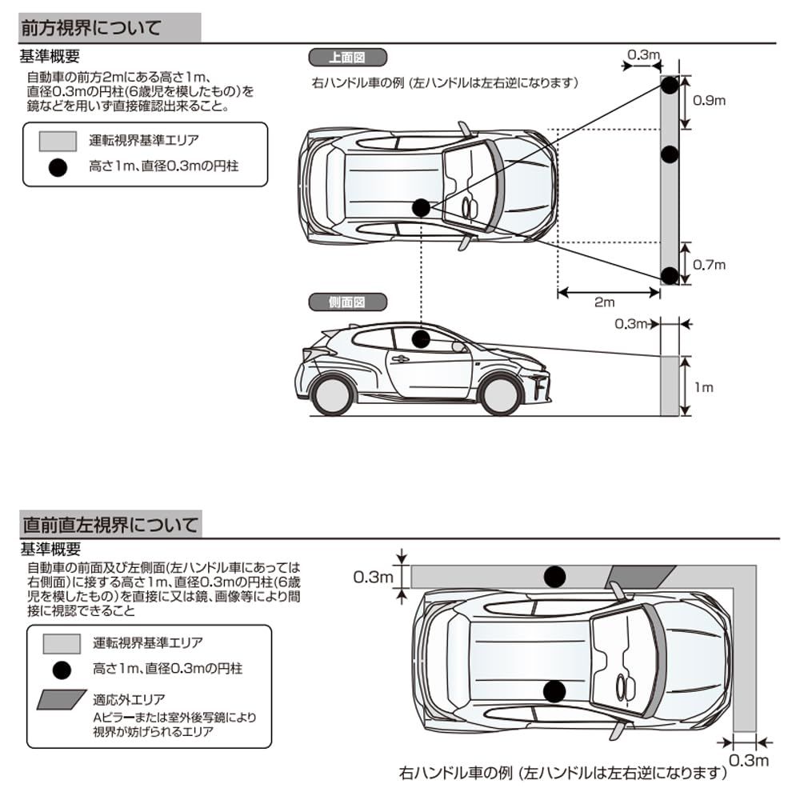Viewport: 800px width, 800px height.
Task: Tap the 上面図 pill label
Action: click(347, 57)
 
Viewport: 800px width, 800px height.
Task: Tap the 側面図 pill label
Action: click(347, 302)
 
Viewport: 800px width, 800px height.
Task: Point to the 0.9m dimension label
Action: click(708, 101)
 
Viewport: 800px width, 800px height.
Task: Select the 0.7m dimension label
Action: click(708, 265)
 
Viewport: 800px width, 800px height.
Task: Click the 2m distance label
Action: click(606, 302)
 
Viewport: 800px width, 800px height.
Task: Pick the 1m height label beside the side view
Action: click(703, 387)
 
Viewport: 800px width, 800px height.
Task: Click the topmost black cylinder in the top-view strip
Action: click(670, 84)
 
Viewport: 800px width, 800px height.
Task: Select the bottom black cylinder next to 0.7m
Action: click(670, 276)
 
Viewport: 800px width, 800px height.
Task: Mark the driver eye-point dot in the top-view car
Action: click(421, 208)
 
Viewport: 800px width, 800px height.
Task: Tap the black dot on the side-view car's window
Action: click(421, 338)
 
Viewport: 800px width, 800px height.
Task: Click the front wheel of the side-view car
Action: click(501, 394)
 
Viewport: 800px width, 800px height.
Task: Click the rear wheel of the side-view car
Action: click(332, 394)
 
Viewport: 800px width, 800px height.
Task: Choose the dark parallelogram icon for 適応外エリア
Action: click(61, 699)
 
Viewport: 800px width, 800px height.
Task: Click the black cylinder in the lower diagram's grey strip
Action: click(554, 576)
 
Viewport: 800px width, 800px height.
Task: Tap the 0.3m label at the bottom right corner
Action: click(749, 759)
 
